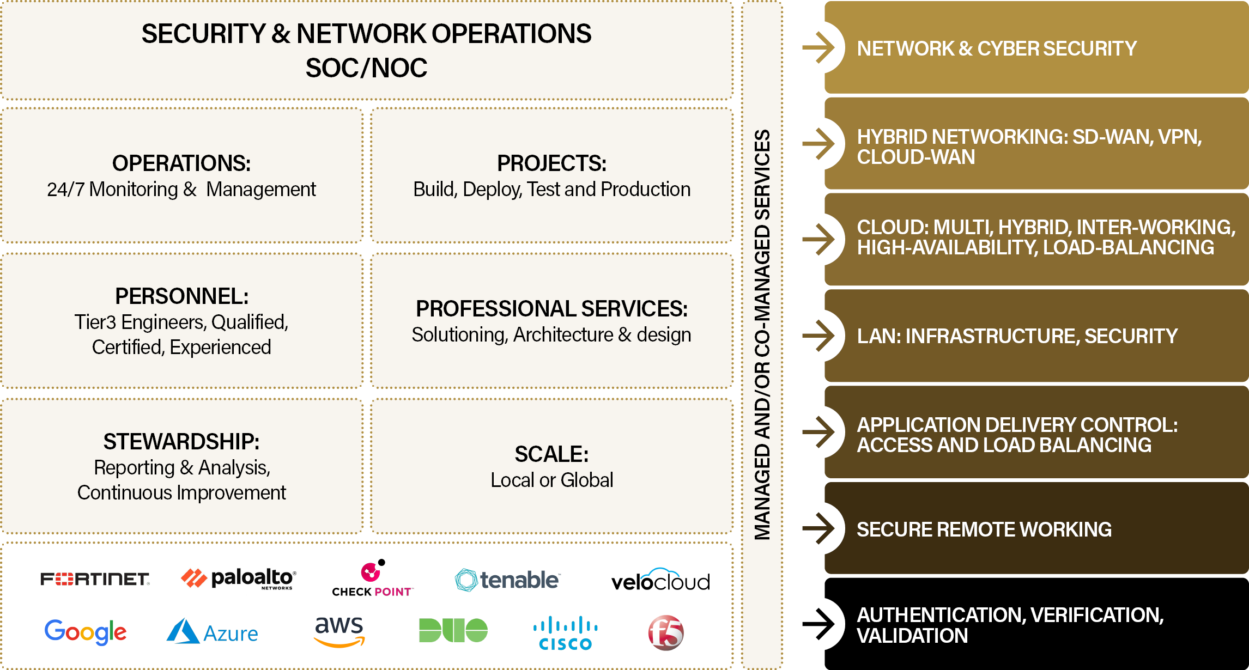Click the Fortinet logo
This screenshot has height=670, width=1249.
coord(95,579)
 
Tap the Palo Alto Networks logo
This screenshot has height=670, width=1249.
coord(239,578)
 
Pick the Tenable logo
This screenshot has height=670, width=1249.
coord(507,580)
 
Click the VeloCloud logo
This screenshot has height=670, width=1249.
coord(660,581)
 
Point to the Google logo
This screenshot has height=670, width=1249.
coord(86,632)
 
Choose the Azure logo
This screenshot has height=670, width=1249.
coord(213,632)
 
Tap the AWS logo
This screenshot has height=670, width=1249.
coord(339,631)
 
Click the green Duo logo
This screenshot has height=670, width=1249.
coord(453,630)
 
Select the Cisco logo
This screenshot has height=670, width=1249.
coord(566,633)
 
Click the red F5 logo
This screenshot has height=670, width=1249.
coord(666,632)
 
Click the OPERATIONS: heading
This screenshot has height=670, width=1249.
coord(181,163)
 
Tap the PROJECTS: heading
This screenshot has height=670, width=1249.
coord(551,163)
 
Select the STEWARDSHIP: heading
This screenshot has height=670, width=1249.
coord(181,442)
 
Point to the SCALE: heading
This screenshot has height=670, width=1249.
coord(551,454)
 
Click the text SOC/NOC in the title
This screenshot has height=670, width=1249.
coord(366,68)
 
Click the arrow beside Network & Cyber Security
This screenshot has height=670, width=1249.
coord(818,48)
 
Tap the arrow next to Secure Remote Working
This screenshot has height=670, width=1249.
coord(818,528)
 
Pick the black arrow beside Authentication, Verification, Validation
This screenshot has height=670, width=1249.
coord(818,624)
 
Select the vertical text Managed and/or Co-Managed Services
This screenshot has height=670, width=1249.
coord(762,334)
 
